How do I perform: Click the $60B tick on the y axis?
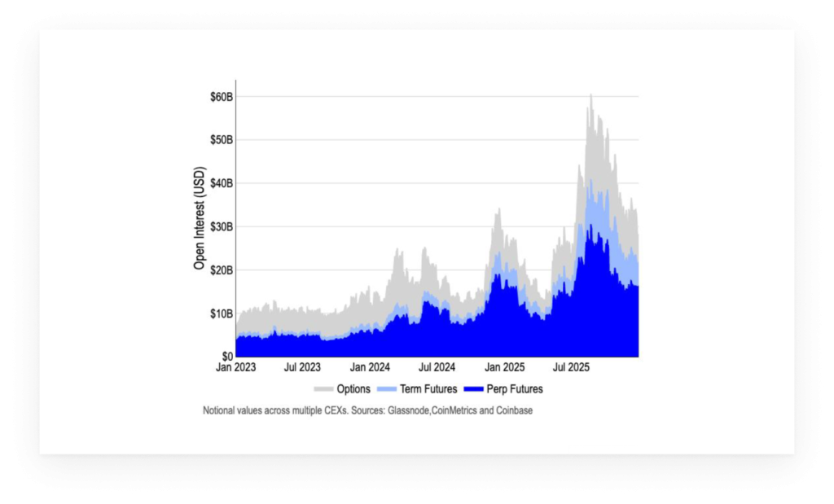click(220, 97)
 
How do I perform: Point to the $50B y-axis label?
click(220, 140)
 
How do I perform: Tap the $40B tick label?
click(220, 183)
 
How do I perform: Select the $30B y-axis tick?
click(220, 226)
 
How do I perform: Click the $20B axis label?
click(220, 270)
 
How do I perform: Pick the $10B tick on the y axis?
click(220, 313)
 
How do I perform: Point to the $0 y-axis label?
click(226, 357)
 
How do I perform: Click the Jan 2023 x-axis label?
click(235, 367)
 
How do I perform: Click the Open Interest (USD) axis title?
click(200, 218)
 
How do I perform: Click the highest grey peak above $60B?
click(590, 95)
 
